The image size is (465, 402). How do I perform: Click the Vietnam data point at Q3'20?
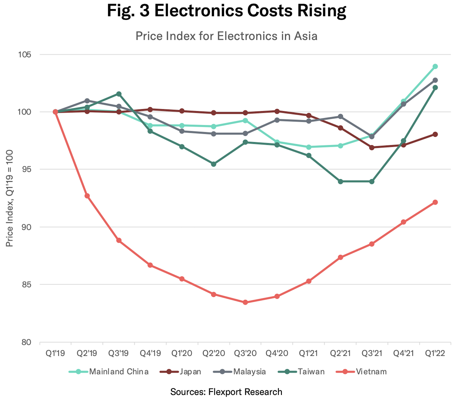point(245,302)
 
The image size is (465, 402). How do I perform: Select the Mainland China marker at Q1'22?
point(435,66)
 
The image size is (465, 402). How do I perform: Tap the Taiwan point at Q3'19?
point(119,94)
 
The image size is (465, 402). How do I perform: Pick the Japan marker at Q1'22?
point(435,134)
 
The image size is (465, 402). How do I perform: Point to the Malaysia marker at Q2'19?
point(87,101)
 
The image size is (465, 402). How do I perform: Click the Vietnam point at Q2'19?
point(87,196)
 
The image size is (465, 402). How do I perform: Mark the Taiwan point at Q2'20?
point(214,164)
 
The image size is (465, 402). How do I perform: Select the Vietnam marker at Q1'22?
point(435,202)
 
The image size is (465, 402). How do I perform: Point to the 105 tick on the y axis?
point(24,55)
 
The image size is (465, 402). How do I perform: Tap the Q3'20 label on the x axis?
point(245,353)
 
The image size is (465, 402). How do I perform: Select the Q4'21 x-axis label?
point(404,353)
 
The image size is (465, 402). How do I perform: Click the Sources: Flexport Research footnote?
point(226,392)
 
